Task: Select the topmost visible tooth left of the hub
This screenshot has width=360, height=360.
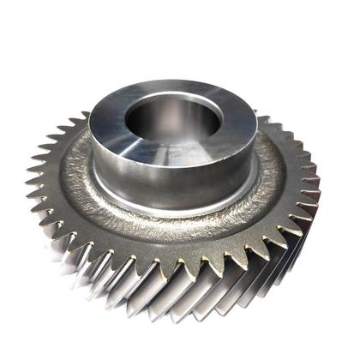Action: click(81, 120)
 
